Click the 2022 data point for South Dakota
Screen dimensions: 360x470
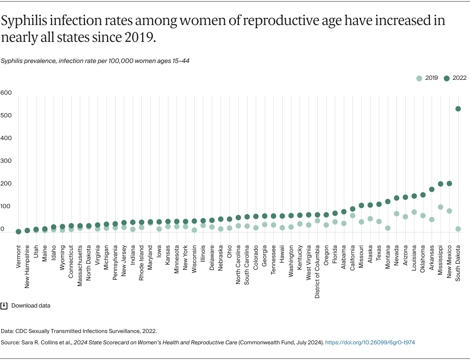point(458,109)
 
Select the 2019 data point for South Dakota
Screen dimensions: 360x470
point(458,229)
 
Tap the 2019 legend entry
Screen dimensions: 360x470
point(427,78)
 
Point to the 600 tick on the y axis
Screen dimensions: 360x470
point(6,93)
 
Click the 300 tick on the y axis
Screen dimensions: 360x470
point(6,161)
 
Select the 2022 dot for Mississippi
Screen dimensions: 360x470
point(440,184)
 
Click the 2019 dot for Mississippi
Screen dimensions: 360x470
point(440,207)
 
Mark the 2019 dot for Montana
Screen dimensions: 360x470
point(388,228)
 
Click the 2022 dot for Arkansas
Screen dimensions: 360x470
point(432,189)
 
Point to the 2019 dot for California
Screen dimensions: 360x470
point(352,216)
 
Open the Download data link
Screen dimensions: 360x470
point(31,306)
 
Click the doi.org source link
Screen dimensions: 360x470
point(370,342)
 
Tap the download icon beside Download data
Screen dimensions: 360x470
point(4,306)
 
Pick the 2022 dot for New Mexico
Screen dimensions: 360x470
point(449,184)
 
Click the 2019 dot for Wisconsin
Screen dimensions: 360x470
point(194,230)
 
